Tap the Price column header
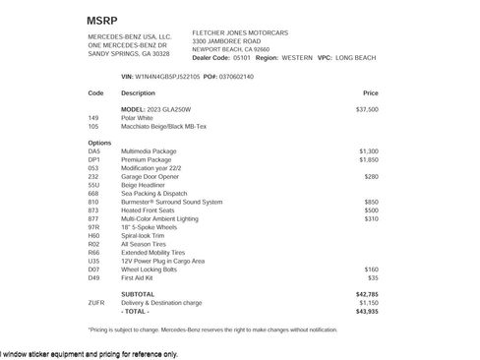pyautogui.click(x=370, y=92)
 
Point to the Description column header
pyautogui.click(x=138, y=92)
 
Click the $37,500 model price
pyautogui.click(x=366, y=109)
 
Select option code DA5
pyautogui.click(x=94, y=150)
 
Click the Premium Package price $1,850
pyautogui.click(x=368, y=158)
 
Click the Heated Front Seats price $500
pyautogui.click(x=371, y=210)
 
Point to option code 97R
pyautogui.click(x=94, y=227)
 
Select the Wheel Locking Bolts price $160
pyautogui.click(x=371, y=269)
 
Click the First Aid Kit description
pyautogui.click(x=139, y=277)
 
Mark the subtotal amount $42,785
pyautogui.click(x=366, y=294)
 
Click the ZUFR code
pyautogui.click(x=96, y=302)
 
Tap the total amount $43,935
pyautogui.click(x=366, y=311)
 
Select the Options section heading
pyautogui.click(x=99, y=143)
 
